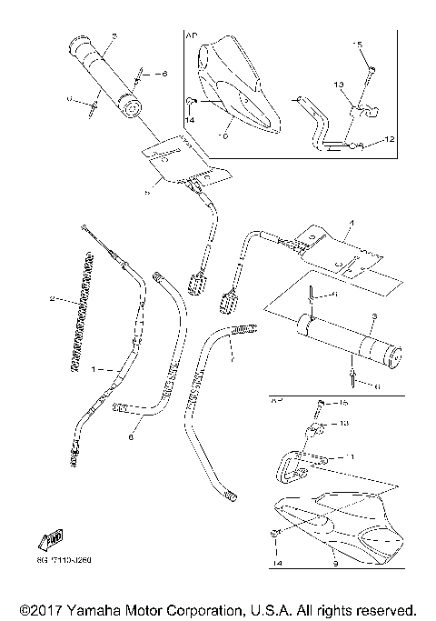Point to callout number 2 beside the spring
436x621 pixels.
pyautogui.click(x=52, y=298)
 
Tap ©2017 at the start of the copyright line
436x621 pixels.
pyautogui.click(x=38, y=607)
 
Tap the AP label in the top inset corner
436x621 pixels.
pyautogui.click(x=191, y=36)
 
